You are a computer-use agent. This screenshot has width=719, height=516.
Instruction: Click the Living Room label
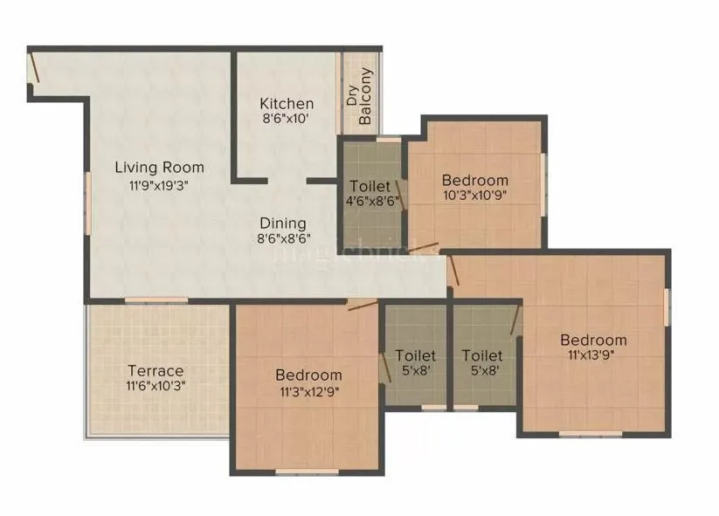click(160, 167)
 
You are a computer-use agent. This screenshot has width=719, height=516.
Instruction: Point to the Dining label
click(281, 223)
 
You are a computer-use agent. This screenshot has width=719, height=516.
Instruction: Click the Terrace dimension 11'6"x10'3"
click(156, 384)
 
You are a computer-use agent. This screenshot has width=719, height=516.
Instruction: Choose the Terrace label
click(156, 370)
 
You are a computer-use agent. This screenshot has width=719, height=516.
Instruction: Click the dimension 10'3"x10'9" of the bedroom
click(474, 195)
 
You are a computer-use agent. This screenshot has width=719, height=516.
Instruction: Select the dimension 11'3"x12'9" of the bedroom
click(308, 390)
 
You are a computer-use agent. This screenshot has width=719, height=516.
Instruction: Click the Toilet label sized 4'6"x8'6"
click(370, 186)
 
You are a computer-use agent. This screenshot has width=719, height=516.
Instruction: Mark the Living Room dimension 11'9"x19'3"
click(159, 184)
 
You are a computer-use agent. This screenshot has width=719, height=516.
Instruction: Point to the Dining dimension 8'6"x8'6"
click(283, 237)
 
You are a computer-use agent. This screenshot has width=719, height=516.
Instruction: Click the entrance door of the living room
click(32, 68)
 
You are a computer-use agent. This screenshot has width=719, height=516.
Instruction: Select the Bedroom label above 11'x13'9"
click(593, 340)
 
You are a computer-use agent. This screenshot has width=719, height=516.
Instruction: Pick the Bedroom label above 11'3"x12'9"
click(308, 375)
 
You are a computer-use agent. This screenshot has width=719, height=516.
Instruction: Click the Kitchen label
click(280, 104)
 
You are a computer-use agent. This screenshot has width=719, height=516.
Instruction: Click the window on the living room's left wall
click(87, 202)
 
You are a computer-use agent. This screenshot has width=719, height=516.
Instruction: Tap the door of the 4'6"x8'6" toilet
click(401, 194)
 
